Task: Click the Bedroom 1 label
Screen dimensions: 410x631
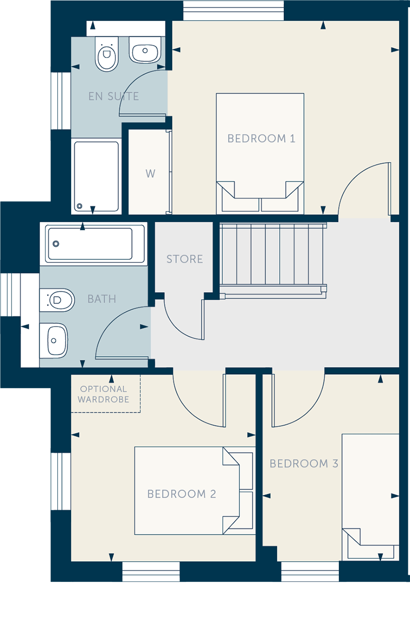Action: (x=261, y=138)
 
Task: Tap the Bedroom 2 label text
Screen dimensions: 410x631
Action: (x=181, y=494)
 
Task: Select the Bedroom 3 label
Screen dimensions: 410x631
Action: (x=304, y=463)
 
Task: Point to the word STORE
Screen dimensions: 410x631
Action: (x=184, y=259)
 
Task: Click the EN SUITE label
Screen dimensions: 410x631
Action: (x=113, y=96)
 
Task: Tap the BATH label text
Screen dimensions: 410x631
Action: (x=101, y=299)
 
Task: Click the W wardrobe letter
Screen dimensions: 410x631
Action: (x=150, y=174)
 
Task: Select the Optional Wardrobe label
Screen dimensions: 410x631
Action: (x=104, y=394)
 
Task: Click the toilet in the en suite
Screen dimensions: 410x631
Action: (x=107, y=53)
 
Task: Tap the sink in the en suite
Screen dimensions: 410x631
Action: (x=145, y=50)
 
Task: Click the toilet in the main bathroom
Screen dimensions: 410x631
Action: (x=57, y=300)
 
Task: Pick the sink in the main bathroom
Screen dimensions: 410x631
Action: (x=54, y=340)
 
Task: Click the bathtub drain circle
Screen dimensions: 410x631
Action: (x=56, y=243)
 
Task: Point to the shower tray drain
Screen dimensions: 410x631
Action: (x=79, y=206)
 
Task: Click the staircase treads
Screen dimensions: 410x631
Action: (x=273, y=254)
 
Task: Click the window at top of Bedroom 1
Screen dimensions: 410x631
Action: (x=233, y=11)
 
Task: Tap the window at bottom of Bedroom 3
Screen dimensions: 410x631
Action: (x=310, y=572)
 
